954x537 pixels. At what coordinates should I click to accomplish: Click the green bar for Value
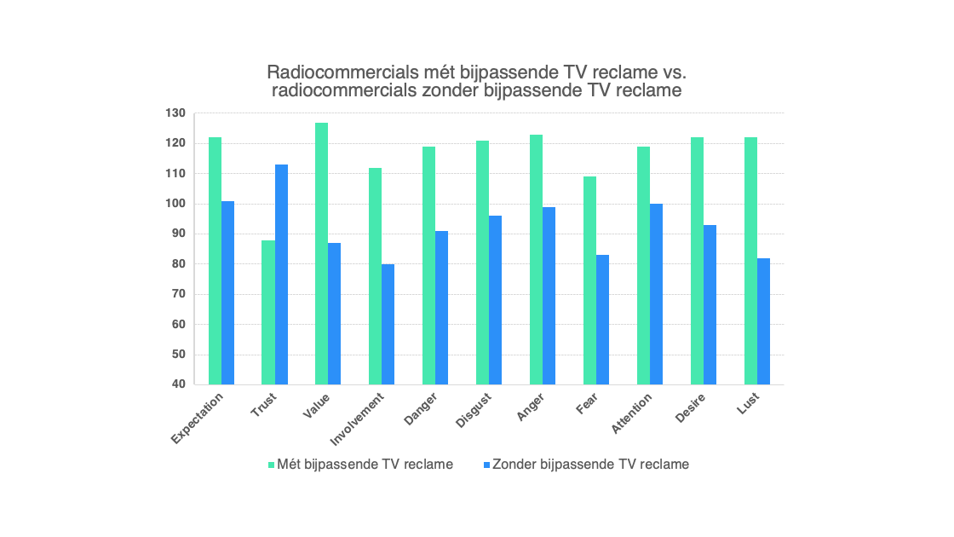tap(321, 253)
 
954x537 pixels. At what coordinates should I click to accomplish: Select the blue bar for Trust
tap(281, 274)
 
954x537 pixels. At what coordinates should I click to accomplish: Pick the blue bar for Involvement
tap(388, 324)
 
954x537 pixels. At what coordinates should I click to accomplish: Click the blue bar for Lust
tap(763, 320)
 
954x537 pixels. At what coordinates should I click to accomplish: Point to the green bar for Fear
tap(589, 280)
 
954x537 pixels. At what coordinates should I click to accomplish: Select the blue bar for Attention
tap(656, 294)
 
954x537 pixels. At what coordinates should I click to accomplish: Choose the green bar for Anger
tap(536, 259)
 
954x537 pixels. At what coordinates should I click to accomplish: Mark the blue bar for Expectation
tap(227, 292)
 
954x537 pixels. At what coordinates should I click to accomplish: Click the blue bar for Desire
tap(710, 304)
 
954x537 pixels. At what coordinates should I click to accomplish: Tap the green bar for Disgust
tap(482, 263)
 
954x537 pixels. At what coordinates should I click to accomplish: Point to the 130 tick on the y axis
tap(175, 113)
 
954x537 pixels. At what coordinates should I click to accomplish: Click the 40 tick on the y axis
tap(179, 384)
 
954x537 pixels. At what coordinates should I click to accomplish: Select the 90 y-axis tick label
tap(179, 234)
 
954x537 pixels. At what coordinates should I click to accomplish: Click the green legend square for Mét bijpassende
tap(272, 465)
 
